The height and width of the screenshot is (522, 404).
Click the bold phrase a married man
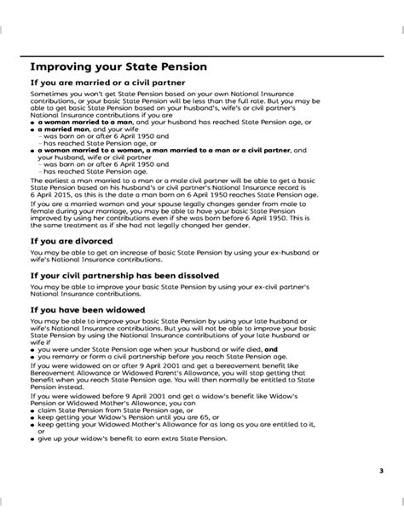pyautogui.click(x=61, y=128)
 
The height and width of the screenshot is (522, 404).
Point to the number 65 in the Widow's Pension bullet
pyautogui.click(x=192, y=419)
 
